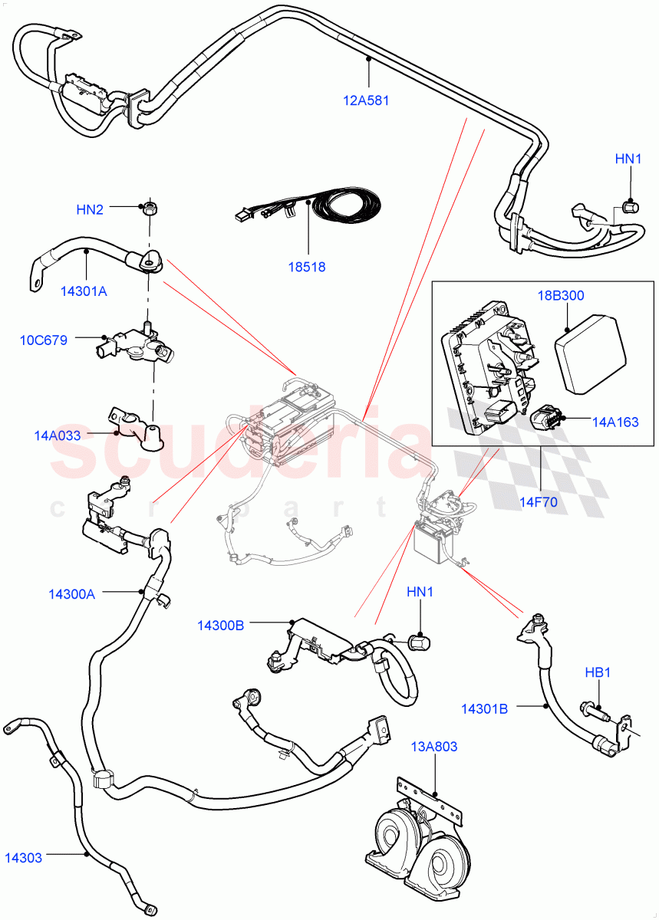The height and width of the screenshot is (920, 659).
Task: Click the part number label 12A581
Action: [367, 100]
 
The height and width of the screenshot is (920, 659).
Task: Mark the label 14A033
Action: [58, 435]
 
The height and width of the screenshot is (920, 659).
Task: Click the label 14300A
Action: [72, 594]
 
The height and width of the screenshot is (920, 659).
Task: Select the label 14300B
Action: [221, 626]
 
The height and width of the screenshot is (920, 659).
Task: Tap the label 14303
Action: [24, 858]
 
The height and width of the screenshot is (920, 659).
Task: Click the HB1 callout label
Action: [598, 672]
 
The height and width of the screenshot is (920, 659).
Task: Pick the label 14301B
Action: [484, 708]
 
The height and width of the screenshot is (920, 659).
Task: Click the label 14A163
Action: [615, 422]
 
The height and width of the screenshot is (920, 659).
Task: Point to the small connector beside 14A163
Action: [546, 419]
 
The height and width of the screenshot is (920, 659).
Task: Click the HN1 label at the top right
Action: [628, 159]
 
